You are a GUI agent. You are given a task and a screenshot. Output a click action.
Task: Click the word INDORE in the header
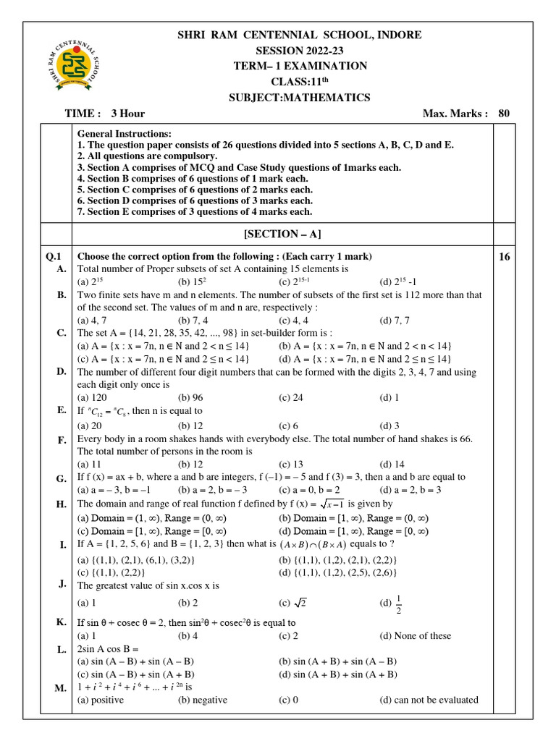[395, 35]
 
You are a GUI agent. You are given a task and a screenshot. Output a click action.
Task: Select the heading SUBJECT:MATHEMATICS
[300, 98]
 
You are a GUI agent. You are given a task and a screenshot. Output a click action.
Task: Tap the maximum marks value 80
[504, 114]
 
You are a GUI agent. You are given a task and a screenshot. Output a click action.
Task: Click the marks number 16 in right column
[504, 256]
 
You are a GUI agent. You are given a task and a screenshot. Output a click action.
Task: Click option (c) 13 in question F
[291, 464]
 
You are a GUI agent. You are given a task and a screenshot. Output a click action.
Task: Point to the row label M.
[60, 687]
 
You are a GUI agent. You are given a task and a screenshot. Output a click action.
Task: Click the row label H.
[61, 504]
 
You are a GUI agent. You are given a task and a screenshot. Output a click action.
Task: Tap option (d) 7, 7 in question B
[395, 320]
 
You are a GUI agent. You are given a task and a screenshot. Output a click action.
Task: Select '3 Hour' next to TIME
[127, 114]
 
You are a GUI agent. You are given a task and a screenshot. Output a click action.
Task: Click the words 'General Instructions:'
[125, 135]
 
